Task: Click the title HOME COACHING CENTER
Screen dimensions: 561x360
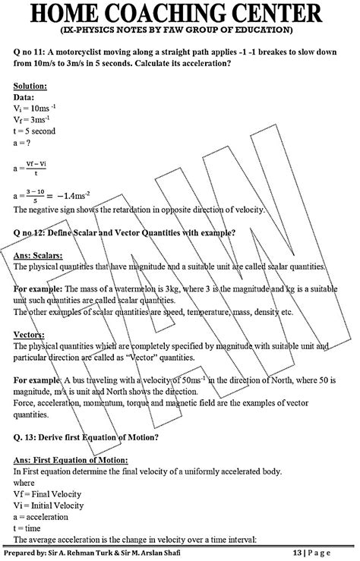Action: click(x=180, y=13)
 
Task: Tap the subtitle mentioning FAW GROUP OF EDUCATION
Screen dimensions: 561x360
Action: click(x=180, y=30)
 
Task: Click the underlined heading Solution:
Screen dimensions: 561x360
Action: click(x=30, y=88)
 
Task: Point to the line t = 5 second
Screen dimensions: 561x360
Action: click(x=35, y=131)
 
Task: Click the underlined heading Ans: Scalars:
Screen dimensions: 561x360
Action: click(x=43, y=255)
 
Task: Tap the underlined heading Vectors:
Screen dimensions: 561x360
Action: click(x=30, y=335)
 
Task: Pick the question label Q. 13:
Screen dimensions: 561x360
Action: click(x=28, y=437)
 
